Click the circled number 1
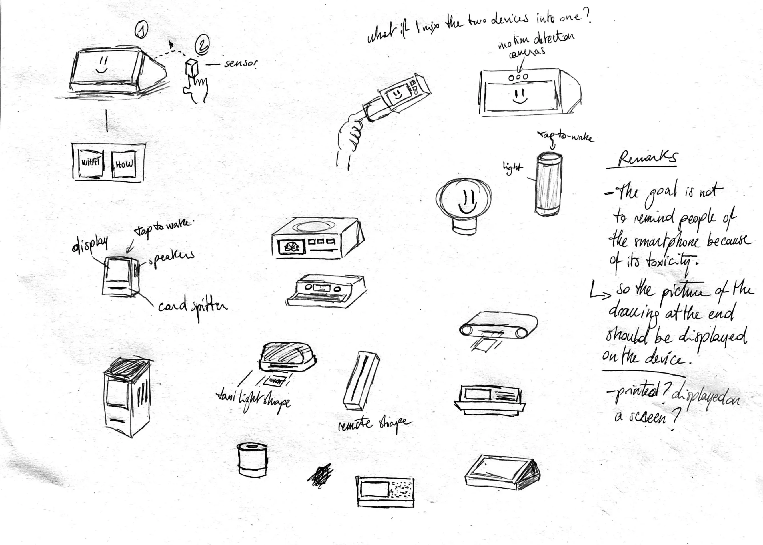pyautogui.click(x=141, y=31)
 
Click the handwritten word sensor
pyautogui.click(x=241, y=64)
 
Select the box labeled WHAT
pyautogui.click(x=91, y=163)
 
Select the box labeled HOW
pyautogui.click(x=124, y=164)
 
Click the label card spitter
pyautogui.click(x=193, y=306)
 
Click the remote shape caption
pyautogui.click(x=374, y=424)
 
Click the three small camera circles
pyautogui.click(x=518, y=77)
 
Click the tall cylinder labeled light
pyautogui.click(x=548, y=184)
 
